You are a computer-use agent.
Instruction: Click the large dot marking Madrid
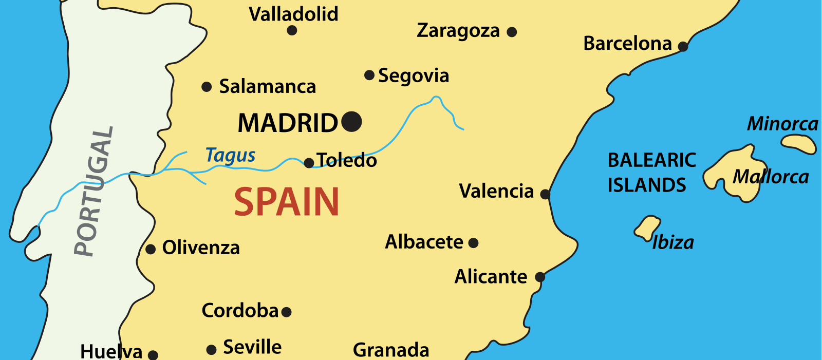tap(351, 122)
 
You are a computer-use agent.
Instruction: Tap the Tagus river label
tap(230, 155)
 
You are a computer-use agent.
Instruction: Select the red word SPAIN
tap(287, 202)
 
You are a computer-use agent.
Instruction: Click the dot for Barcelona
tap(683, 47)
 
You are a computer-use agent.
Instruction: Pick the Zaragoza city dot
tap(512, 32)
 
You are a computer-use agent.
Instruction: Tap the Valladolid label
tap(293, 14)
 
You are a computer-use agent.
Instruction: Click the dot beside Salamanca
tap(207, 87)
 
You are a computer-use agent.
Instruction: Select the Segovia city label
tap(414, 76)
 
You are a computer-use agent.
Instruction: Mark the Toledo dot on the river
tap(309, 163)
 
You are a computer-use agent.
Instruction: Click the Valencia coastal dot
tap(545, 194)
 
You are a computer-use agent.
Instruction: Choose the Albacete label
tap(424, 242)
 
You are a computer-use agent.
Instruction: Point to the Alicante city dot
tap(540, 277)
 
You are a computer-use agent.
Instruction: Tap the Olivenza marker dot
tap(151, 250)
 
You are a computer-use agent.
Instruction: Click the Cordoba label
tap(240, 311)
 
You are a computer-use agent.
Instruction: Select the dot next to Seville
tap(211, 350)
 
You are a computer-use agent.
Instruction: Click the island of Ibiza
tap(647, 227)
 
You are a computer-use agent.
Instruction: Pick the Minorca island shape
tap(799, 143)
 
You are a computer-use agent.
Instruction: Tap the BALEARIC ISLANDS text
tap(651, 173)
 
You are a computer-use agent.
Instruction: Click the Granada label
tap(391, 350)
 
